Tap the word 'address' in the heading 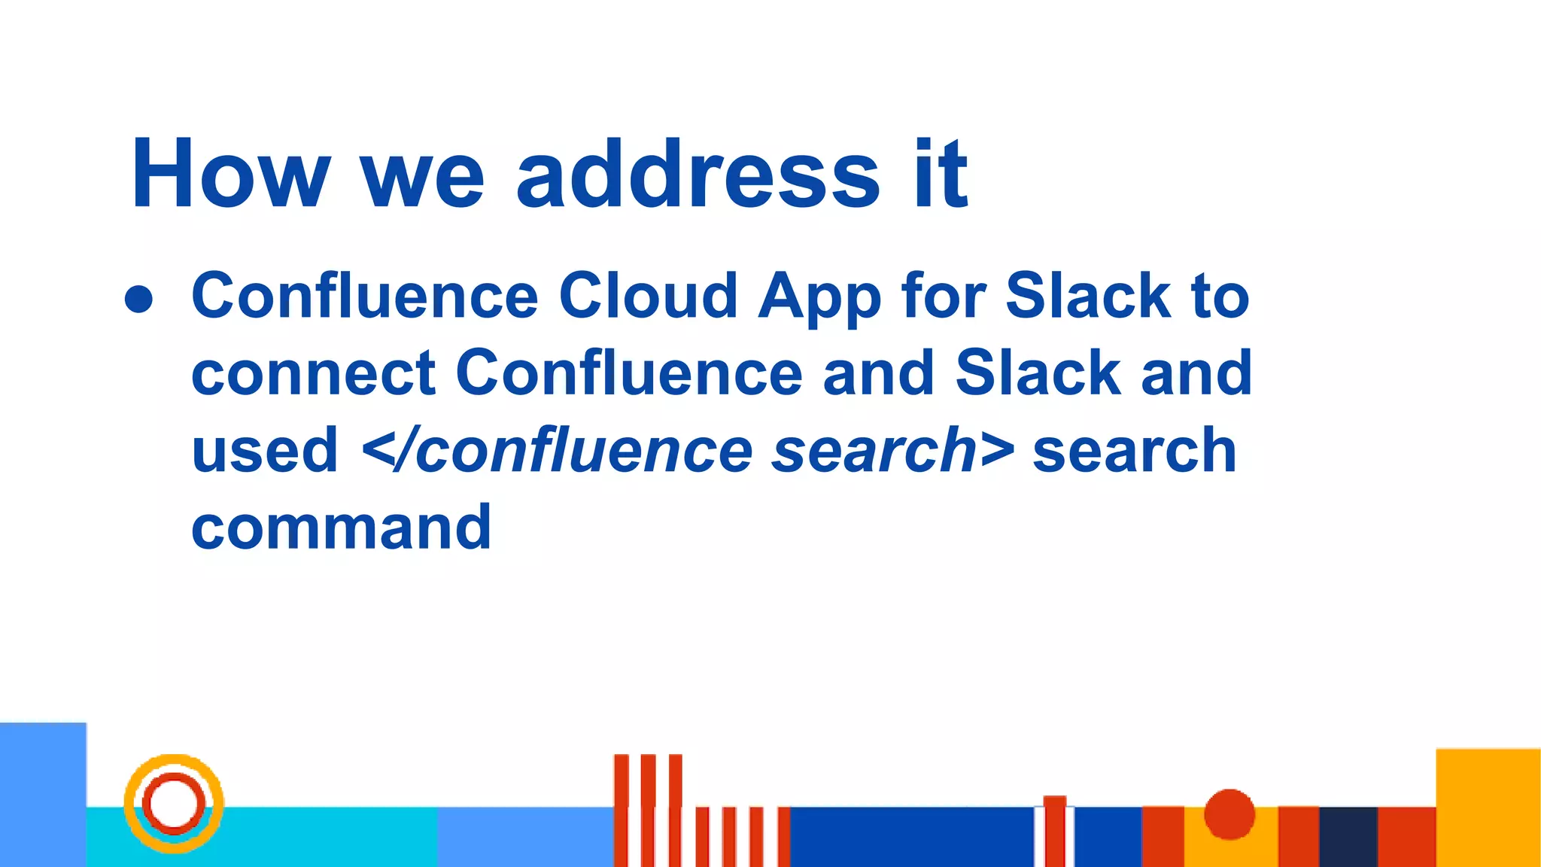[698, 174]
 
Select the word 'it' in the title [941, 174]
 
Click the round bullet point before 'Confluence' [139, 299]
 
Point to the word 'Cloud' [648, 296]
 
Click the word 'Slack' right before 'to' [1088, 296]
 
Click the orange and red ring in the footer [174, 803]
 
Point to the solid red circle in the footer [1229, 814]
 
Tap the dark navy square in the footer [1348, 836]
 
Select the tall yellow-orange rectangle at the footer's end [1488, 807]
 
